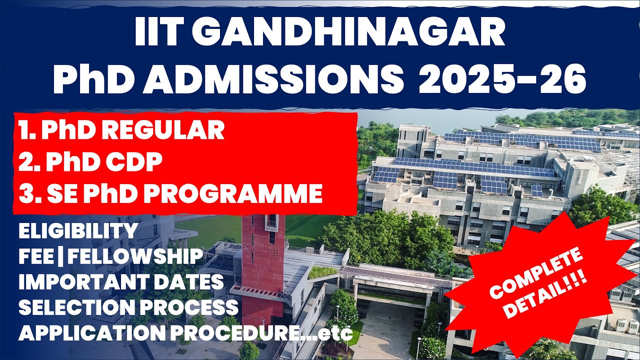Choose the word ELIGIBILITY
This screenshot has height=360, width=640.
point(78,231)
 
